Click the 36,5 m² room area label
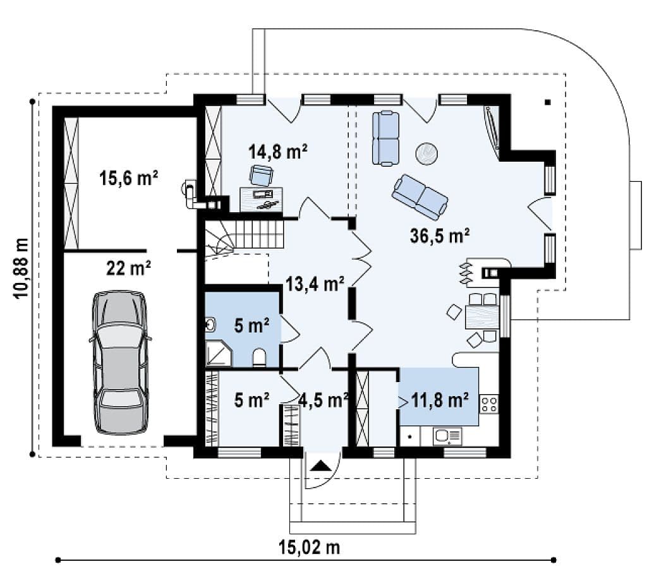pos(440,236)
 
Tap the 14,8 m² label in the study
pos(278,152)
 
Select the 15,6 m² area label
pos(129,178)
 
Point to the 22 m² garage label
pos(128,268)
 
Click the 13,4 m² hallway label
pos(315,284)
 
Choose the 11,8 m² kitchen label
pos(440,400)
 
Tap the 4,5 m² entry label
pos(323,400)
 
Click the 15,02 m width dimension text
pos(310,548)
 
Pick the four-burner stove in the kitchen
pos(489,404)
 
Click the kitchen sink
pos(447,436)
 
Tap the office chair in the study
pos(261,175)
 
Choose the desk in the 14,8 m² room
pos(261,200)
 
